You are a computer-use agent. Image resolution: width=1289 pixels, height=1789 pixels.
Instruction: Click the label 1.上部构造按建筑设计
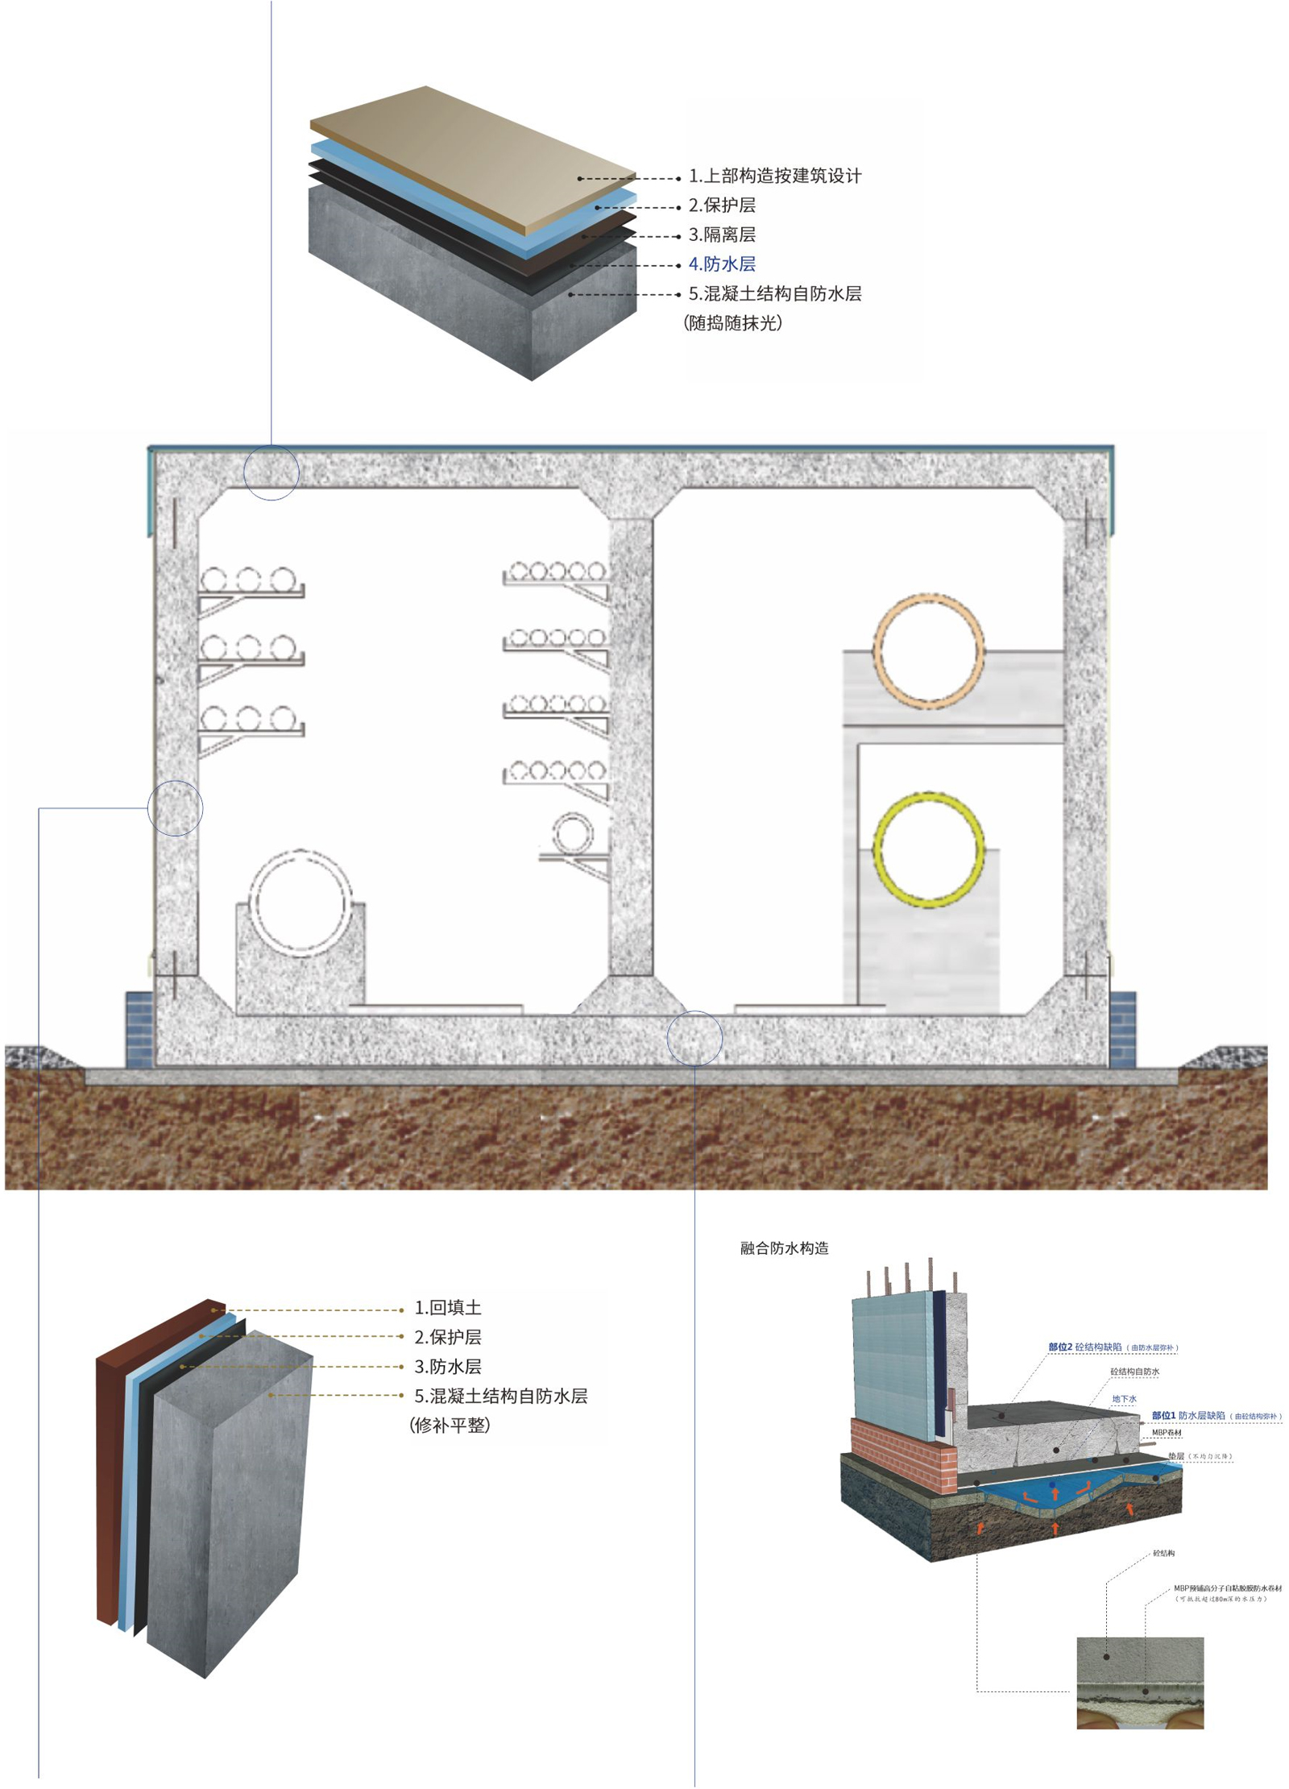point(774,176)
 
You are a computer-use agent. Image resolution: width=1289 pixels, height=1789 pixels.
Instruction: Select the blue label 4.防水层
point(721,264)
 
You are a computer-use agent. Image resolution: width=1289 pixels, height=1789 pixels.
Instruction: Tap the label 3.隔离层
point(721,235)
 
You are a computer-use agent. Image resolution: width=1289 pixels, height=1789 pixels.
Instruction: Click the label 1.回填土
point(447,1308)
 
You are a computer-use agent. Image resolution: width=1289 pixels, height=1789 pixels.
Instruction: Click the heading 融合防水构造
point(784,1248)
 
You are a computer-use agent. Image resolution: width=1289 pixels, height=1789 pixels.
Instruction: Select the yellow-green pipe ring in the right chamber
point(928,849)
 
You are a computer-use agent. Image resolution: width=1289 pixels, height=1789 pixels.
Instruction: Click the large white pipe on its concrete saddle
point(300,903)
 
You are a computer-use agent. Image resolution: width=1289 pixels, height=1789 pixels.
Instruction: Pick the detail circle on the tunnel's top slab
point(271,472)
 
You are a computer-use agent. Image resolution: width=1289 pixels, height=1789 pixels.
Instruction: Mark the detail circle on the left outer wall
point(176,807)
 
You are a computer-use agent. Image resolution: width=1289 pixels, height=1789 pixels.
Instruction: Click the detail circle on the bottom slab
point(694,1038)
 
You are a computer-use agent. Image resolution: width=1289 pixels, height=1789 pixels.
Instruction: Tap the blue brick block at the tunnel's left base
point(139,1030)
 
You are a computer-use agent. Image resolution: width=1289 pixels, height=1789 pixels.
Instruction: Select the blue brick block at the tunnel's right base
point(1122,1030)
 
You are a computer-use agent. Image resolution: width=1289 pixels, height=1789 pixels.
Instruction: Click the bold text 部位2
point(1060,1347)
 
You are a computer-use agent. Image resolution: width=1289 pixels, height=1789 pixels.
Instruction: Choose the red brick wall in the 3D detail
point(902,1451)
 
